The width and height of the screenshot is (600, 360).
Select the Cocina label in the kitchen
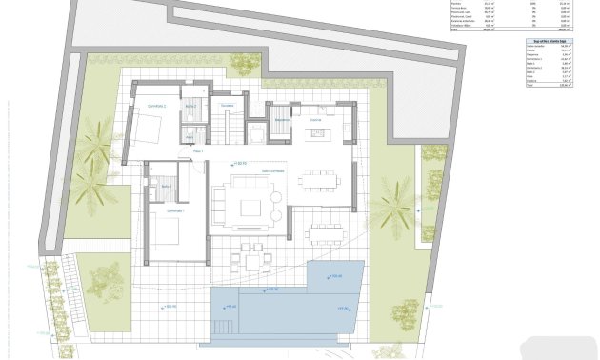(315, 120)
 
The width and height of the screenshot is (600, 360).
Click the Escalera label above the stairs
(227, 105)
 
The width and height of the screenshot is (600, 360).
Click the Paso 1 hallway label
(198, 151)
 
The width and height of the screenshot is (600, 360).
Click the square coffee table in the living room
(251, 208)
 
